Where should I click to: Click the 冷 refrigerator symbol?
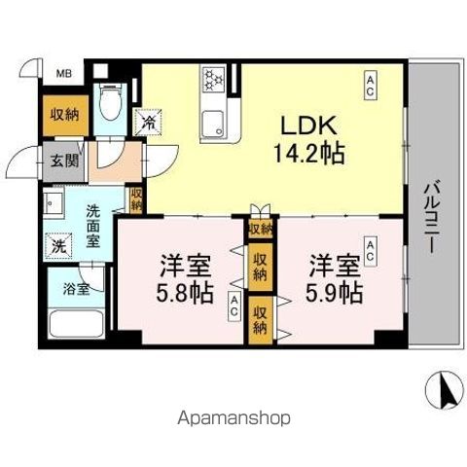coord(149,125)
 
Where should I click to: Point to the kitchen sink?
coord(212,124)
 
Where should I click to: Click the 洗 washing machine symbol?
coord(58,246)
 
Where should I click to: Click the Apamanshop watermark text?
coord(233,420)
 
